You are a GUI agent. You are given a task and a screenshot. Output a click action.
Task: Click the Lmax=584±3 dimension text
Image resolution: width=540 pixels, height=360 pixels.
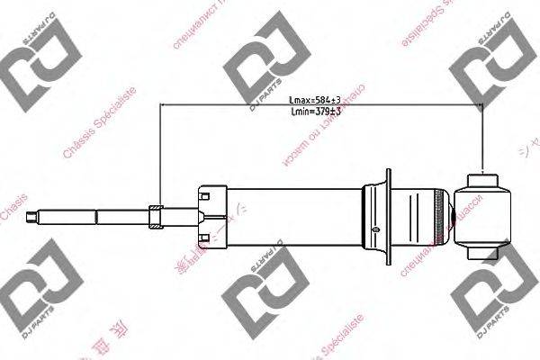point(314,100)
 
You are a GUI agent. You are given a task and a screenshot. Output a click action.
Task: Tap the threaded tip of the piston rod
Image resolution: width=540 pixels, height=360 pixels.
point(34,215)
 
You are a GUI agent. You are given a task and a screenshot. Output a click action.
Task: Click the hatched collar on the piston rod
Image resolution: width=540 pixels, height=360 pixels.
point(155,215)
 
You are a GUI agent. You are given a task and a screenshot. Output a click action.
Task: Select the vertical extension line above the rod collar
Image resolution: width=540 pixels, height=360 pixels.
point(159,153)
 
